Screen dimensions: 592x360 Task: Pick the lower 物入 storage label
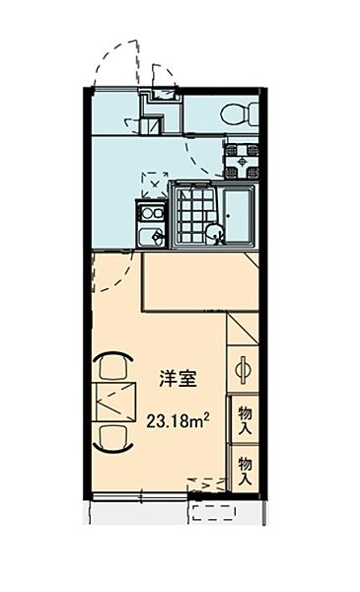point(245,470)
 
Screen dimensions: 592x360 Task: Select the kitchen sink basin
point(150,238)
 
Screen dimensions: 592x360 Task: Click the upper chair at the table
point(113,367)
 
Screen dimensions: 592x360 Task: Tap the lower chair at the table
point(113,435)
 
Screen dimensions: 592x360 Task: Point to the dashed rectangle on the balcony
point(212,512)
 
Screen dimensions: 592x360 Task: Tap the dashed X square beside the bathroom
point(154,183)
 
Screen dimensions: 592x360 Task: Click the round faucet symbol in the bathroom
point(213,233)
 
